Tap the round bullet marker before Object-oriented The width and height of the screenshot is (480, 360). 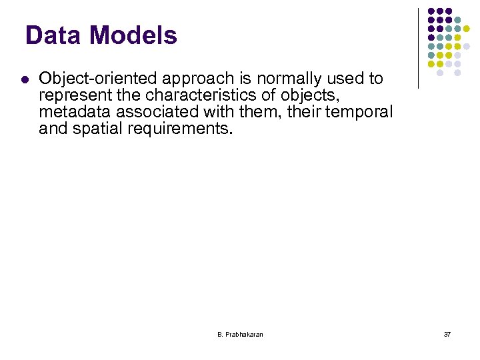pos(24,79)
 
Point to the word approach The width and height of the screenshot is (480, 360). pos(183,79)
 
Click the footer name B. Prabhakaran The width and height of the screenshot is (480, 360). pos(240,334)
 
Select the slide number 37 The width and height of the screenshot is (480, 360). pos(447,334)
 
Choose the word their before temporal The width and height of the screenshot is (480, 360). pos(305,112)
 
